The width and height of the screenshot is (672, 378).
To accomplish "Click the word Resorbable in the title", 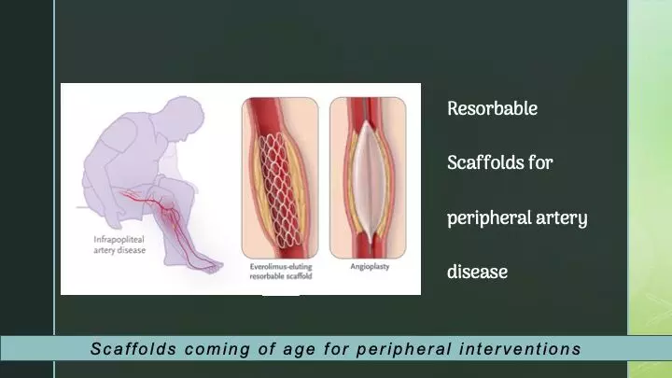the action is pyautogui.click(x=492, y=109).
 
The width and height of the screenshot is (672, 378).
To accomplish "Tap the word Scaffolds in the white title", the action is pyautogui.click(x=485, y=162).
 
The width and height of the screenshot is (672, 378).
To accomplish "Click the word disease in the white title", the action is pyautogui.click(x=477, y=272).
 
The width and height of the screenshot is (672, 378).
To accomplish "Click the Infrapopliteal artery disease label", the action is pyautogui.click(x=119, y=245).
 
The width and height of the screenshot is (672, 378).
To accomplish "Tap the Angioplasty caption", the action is pyautogui.click(x=370, y=267).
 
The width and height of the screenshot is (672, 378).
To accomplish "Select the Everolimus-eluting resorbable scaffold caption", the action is pyautogui.click(x=281, y=272).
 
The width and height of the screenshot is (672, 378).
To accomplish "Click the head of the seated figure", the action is pyautogui.click(x=184, y=117).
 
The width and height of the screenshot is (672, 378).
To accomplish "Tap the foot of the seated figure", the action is pyautogui.click(x=209, y=266).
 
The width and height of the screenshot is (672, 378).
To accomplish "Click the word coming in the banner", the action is pyautogui.click(x=217, y=349).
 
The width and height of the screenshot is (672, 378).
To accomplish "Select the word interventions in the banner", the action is pyautogui.click(x=520, y=349).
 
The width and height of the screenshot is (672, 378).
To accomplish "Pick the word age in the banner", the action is pyautogui.click(x=299, y=350).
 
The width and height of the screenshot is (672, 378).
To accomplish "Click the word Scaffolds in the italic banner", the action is pyautogui.click(x=133, y=349).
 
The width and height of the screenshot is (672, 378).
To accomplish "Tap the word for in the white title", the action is pyautogui.click(x=540, y=162).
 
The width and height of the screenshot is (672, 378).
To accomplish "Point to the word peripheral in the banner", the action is pyautogui.click(x=404, y=349).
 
